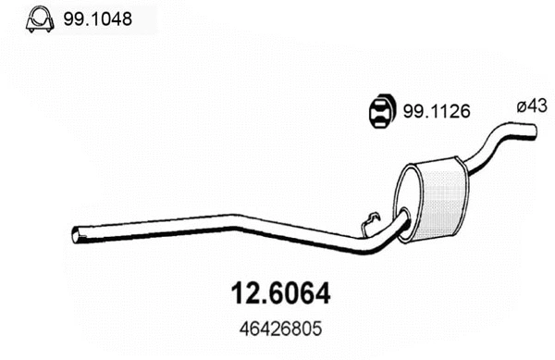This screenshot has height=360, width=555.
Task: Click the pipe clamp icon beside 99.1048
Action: (37, 18)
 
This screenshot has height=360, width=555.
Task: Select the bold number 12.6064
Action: (277, 293)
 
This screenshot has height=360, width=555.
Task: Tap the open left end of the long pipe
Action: (76, 236)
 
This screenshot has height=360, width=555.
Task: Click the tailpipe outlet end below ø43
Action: (531, 138)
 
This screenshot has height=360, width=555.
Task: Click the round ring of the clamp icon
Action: (37, 15)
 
